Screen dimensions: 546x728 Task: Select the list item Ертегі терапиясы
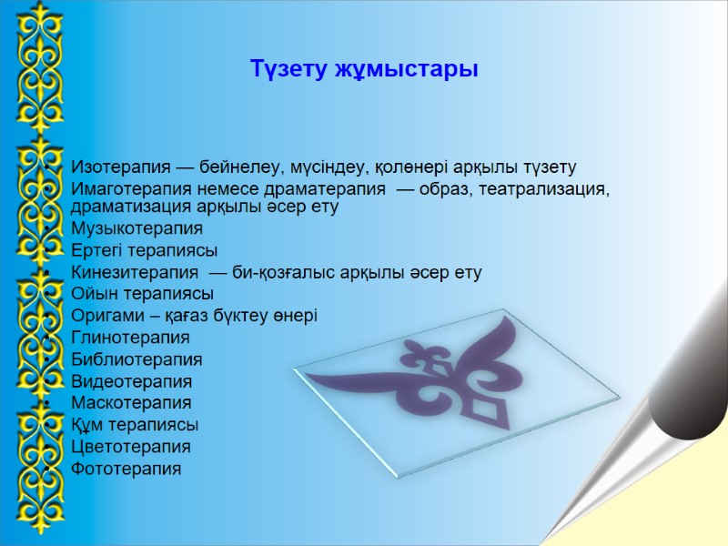coord(144,250)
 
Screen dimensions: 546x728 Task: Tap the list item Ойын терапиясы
coord(142,294)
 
